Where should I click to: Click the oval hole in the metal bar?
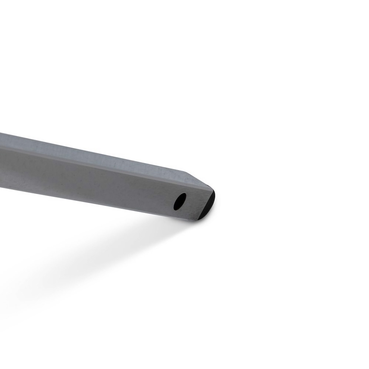[180, 201]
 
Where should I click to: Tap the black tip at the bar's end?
[208, 204]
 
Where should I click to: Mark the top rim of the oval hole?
[182, 194]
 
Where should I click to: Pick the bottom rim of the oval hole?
[177, 209]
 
